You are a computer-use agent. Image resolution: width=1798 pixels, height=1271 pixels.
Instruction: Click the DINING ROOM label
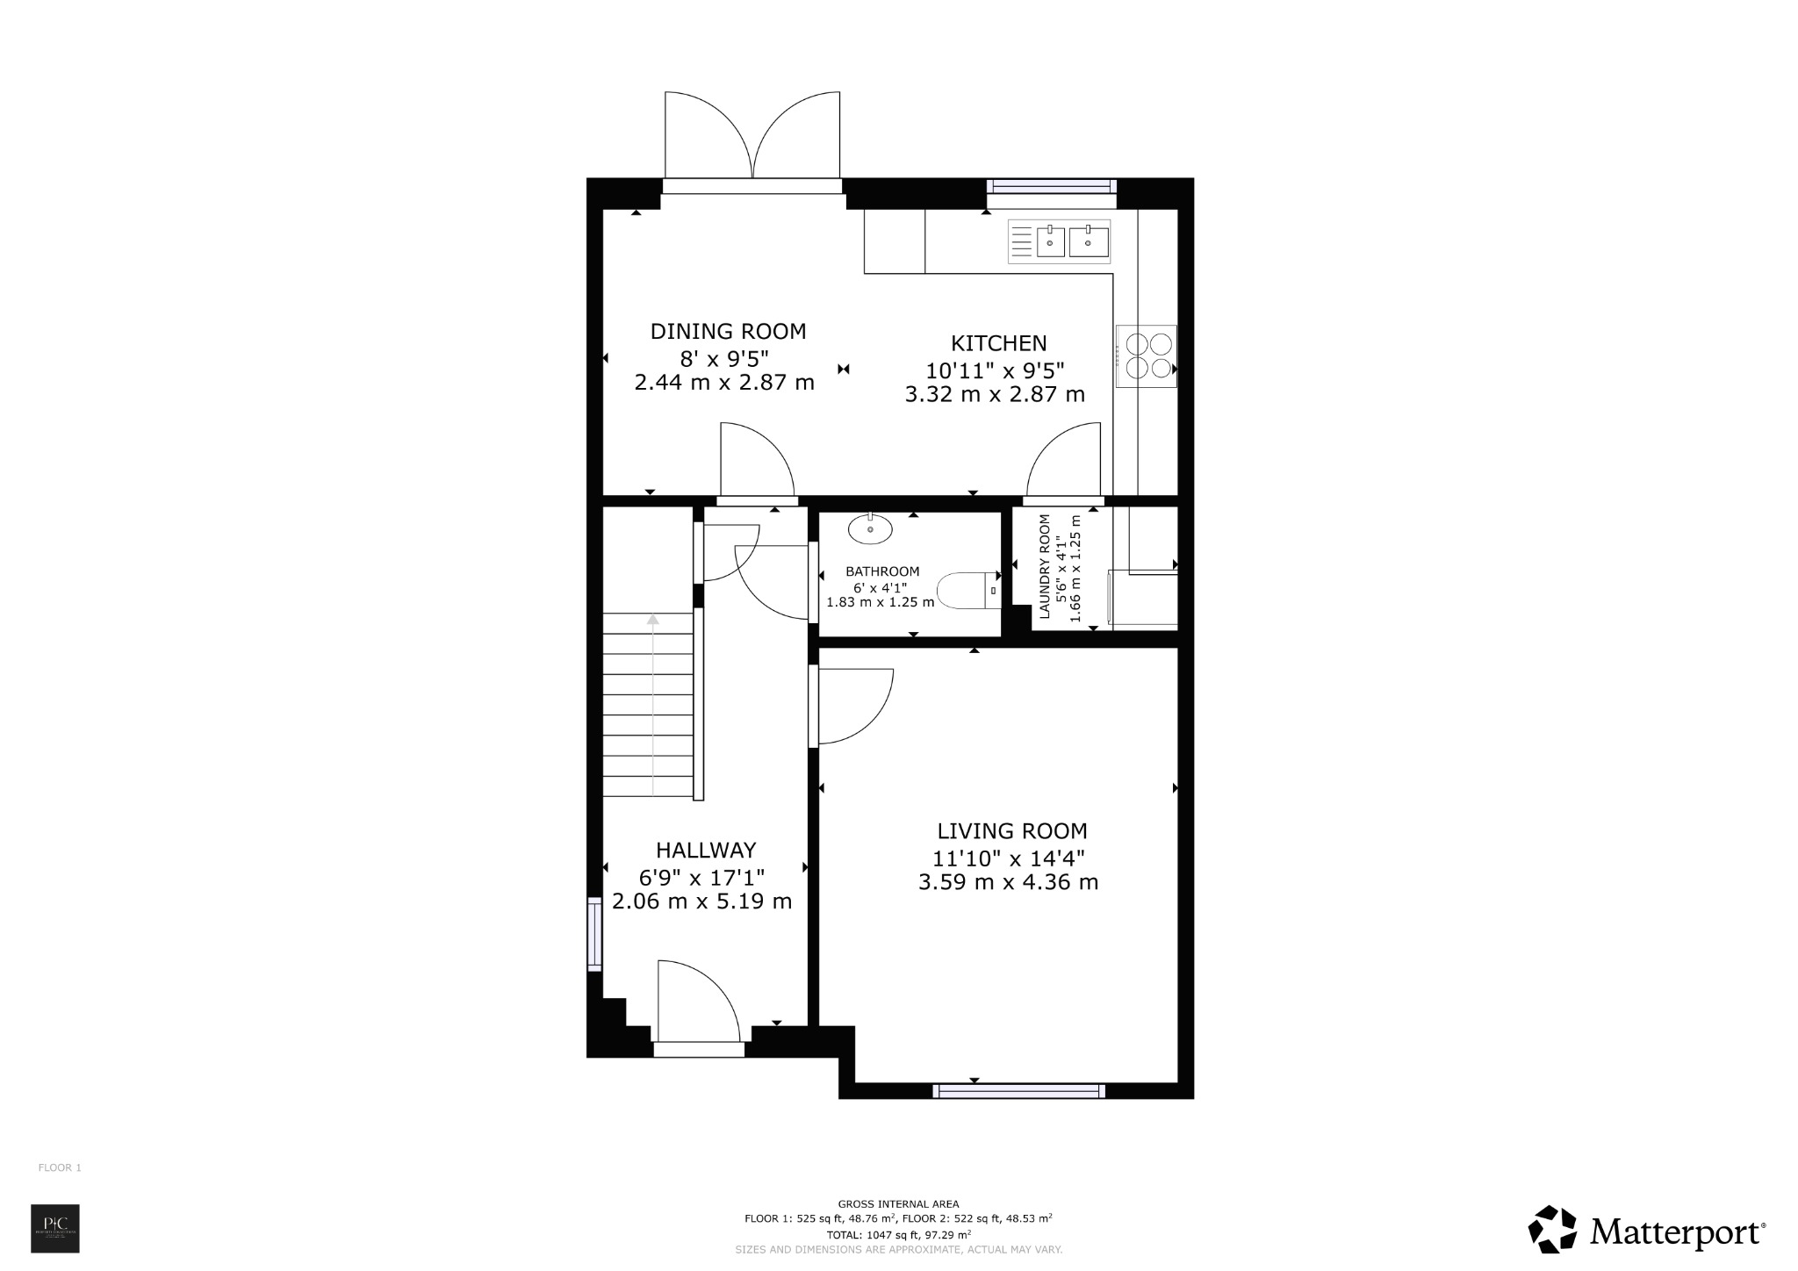pyautogui.click(x=728, y=332)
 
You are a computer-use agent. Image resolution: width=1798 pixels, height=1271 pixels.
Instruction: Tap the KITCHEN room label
pyautogui.click(x=999, y=343)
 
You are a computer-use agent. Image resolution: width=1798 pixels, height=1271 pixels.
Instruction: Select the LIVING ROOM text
pyautogui.click(x=1012, y=831)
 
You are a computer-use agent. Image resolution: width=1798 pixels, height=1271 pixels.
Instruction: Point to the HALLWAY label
pyautogui.click(x=706, y=851)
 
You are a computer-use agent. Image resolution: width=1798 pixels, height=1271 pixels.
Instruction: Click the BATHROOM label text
pyautogui.click(x=882, y=571)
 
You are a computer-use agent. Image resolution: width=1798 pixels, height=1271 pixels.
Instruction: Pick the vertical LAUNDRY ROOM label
pyautogui.click(x=1045, y=566)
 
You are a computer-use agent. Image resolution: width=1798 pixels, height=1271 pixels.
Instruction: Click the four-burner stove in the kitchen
pyautogui.click(x=1146, y=355)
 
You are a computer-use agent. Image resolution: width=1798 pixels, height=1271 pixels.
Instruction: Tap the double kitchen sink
pyautogui.click(x=1072, y=241)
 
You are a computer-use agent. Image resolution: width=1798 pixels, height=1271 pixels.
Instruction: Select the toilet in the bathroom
pyautogui.click(x=968, y=591)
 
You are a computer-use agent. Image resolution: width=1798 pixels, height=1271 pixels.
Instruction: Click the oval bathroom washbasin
pyautogui.click(x=870, y=529)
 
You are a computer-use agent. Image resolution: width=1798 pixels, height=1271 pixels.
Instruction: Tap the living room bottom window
pyautogui.click(x=1018, y=1091)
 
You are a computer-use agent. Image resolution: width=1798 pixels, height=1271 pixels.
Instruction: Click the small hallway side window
pyautogui.click(x=594, y=933)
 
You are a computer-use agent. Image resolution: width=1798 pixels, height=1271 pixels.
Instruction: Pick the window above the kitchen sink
pyautogui.click(x=1051, y=186)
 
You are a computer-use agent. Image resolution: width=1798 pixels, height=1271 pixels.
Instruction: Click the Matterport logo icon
pyautogui.click(x=1551, y=1231)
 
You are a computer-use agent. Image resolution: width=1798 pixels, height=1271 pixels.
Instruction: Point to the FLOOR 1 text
pyautogui.click(x=60, y=1167)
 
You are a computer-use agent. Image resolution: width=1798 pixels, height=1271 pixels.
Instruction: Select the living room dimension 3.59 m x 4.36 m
pyautogui.click(x=1008, y=882)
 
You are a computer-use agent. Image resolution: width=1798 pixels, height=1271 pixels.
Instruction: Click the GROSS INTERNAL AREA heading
pyautogui.click(x=898, y=1204)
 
